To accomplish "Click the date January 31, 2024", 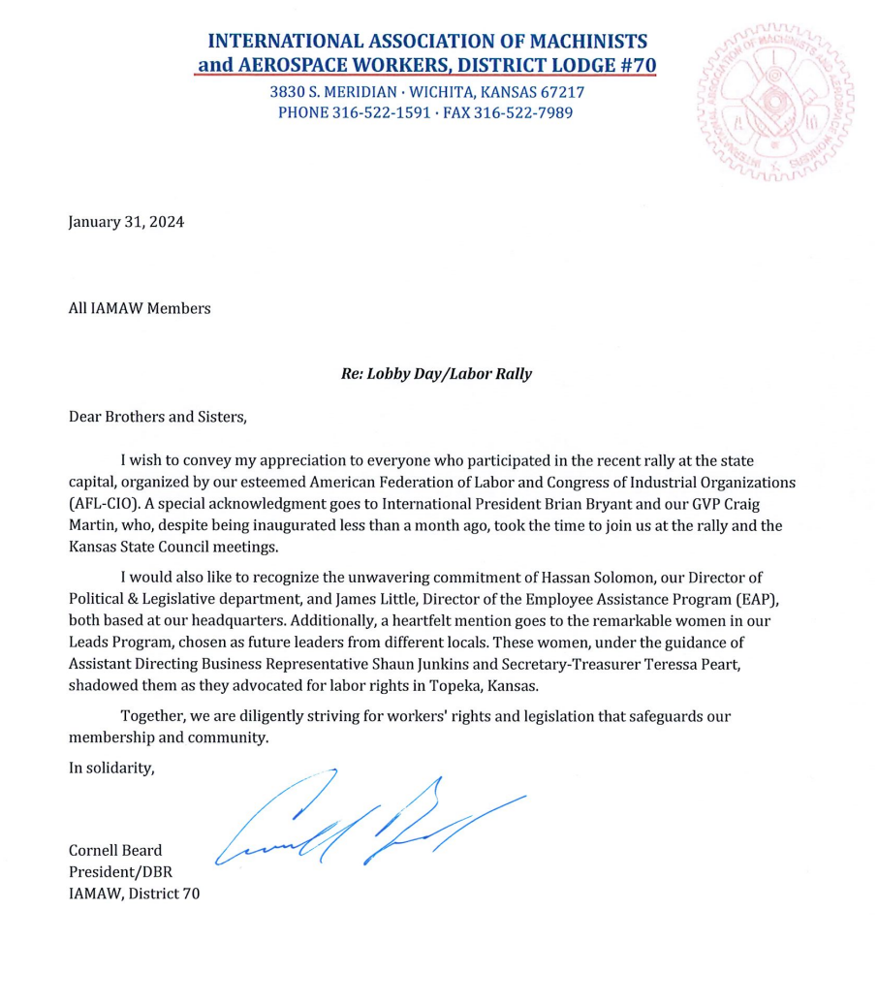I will click(126, 221).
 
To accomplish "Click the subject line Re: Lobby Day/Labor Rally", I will click(436, 374).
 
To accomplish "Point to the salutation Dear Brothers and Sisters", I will click(159, 418).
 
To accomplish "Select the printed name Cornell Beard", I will click(115, 851).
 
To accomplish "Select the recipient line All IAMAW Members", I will click(139, 309).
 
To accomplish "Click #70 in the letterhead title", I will click(639, 66).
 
